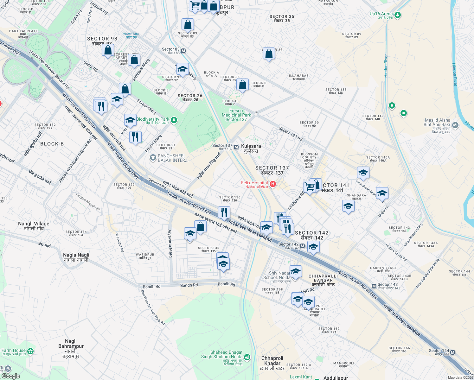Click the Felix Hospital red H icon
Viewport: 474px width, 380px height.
[x=273, y=184]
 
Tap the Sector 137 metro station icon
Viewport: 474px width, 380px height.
[x=236, y=147]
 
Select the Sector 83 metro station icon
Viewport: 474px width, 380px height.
[x=183, y=51]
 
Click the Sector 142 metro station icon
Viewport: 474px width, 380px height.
[x=303, y=246]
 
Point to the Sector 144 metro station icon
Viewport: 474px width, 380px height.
[x=453, y=352]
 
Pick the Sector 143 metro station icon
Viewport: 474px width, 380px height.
[x=374, y=286]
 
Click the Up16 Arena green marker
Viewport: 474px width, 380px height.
[x=398, y=15]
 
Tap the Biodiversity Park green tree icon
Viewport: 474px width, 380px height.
[x=174, y=120]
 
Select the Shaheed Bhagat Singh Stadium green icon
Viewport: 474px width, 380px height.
[x=247, y=357]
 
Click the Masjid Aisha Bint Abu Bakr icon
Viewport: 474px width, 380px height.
[x=455, y=125]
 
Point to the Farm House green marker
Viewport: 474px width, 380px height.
[x=30, y=351]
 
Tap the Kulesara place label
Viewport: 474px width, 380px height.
[x=251, y=149]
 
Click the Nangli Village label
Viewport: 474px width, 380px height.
[x=34, y=226]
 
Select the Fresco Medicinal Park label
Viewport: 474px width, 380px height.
[x=236, y=115]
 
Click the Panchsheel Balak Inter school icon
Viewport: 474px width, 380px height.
[x=153, y=157]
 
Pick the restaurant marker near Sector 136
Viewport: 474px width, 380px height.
[x=224, y=212]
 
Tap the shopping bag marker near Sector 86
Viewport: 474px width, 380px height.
[x=269, y=54]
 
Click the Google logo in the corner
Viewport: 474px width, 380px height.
[x=10, y=376]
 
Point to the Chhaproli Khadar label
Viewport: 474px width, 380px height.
[x=272, y=363]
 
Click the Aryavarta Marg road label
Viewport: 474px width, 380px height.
[x=170, y=243]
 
